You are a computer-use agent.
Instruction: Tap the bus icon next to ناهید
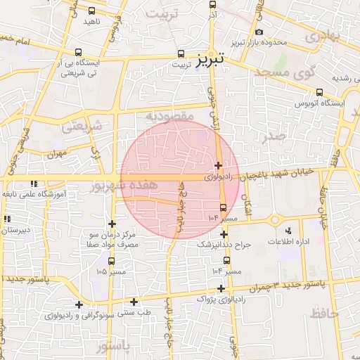click(x=91, y=11)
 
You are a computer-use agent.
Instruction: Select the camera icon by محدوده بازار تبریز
click(x=260, y=32)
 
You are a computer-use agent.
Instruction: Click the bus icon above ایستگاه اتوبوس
click(x=320, y=92)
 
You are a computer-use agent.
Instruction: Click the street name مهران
click(x=57, y=153)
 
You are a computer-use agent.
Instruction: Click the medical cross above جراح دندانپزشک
click(x=224, y=234)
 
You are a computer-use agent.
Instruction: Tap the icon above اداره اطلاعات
click(x=288, y=231)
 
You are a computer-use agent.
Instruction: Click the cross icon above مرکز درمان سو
click(x=112, y=224)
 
